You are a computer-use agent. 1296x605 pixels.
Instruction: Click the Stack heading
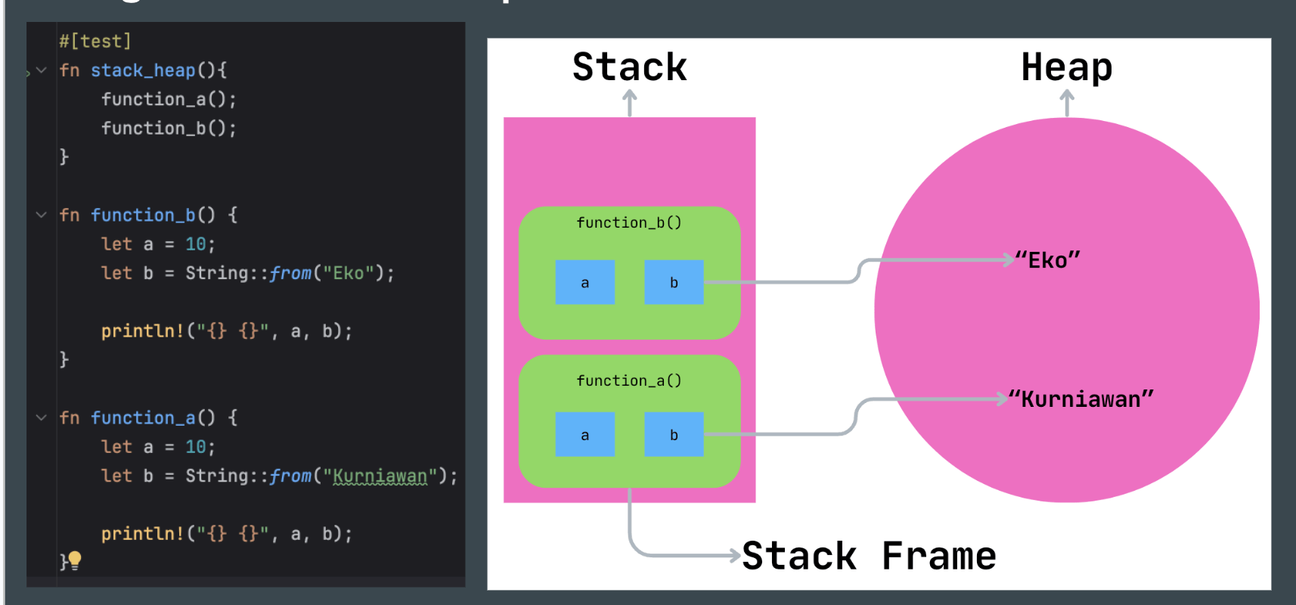click(x=629, y=67)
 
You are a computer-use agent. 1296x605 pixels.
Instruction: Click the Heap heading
click(x=1066, y=67)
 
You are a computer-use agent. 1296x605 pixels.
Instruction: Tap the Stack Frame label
click(x=869, y=556)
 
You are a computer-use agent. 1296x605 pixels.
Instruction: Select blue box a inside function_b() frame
click(x=584, y=282)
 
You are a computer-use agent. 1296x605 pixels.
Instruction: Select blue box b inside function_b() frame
click(x=674, y=282)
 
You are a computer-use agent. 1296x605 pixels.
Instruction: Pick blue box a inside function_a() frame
click(x=584, y=434)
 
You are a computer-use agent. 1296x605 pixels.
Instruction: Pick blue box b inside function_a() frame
click(x=674, y=434)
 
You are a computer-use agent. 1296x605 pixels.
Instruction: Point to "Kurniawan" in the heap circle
click(x=1081, y=399)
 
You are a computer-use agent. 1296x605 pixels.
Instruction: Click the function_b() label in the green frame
click(x=629, y=222)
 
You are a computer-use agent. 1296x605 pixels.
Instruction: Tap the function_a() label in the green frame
click(x=629, y=380)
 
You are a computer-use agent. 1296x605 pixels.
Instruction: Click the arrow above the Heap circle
click(x=1067, y=102)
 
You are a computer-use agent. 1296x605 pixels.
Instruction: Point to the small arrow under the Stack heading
click(x=629, y=102)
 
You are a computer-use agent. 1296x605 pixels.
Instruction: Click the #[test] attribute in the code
click(x=95, y=41)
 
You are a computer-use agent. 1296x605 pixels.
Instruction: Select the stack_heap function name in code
click(x=143, y=70)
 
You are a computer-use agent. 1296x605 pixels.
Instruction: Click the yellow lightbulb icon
click(x=75, y=560)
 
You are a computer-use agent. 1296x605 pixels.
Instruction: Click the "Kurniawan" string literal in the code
click(x=380, y=476)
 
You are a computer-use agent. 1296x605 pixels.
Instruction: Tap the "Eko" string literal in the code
click(x=349, y=273)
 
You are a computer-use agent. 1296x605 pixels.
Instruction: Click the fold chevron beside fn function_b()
click(x=42, y=215)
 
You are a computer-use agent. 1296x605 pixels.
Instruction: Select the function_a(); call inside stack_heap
click(x=169, y=99)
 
